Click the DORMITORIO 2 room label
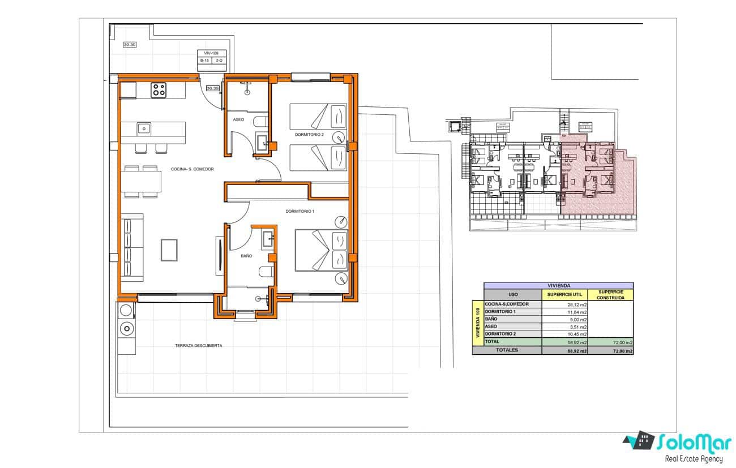tap(309, 135)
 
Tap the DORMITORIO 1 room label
tap(299, 211)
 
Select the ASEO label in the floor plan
tap(238, 119)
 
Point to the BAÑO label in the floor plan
tap(246, 256)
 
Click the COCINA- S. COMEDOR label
tap(192, 169)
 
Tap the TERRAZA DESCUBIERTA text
tap(198, 345)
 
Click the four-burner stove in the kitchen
tap(158, 90)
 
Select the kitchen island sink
tap(144, 129)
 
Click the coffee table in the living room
tap(169, 250)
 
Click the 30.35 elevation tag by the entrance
tap(212, 88)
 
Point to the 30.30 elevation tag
tap(130, 45)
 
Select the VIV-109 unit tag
tap(211, 53)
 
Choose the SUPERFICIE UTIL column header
tap(564, 294)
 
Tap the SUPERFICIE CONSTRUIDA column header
tap(610, 294)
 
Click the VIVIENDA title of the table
tap(558, 286)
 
